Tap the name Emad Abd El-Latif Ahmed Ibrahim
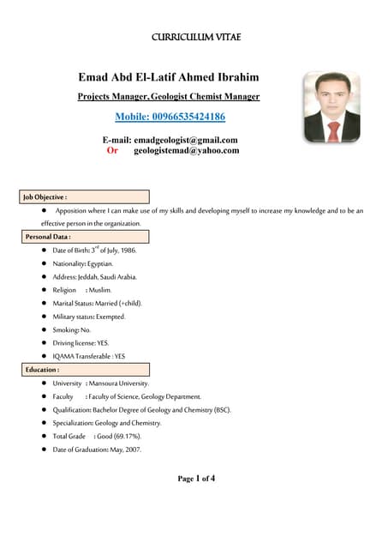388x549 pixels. [x=169, y=78]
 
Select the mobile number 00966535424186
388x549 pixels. [x=170, y=117]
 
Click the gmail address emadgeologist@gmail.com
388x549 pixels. [x=186, y=139]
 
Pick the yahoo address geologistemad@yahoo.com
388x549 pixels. [x=187, y=150]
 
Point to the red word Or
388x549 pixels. [x=112, y=150]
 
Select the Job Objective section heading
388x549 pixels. [x=45, y=196]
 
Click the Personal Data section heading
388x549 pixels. [x=47, y=236]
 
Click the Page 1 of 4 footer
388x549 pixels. [x=196, y=479]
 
